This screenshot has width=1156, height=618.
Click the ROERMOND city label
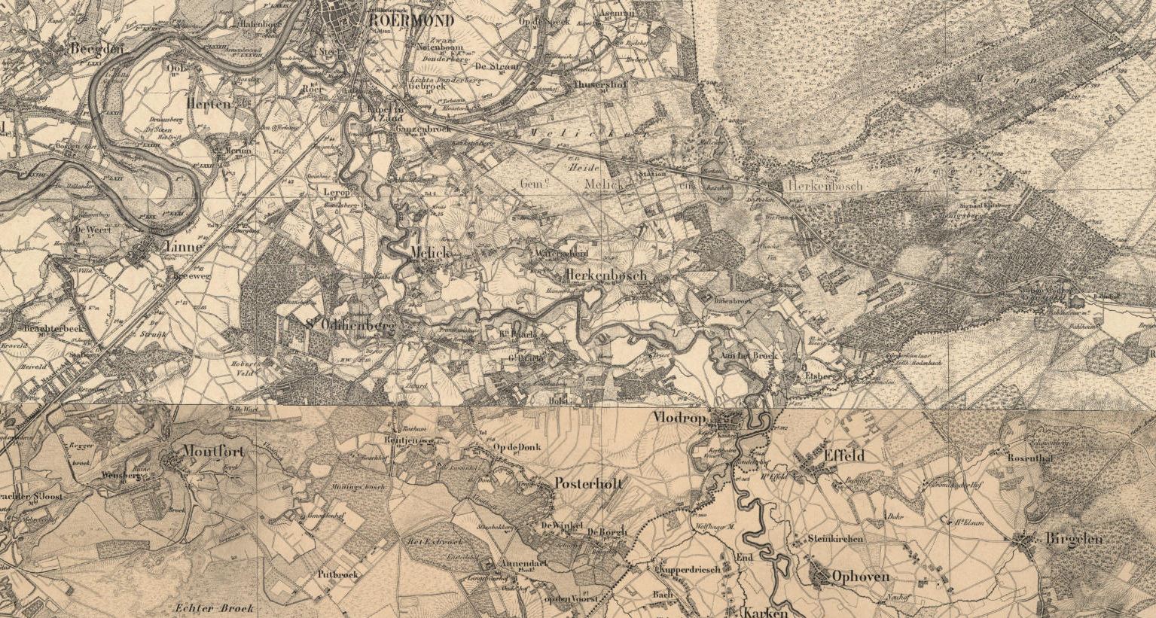[411, 20]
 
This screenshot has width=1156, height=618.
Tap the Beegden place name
[96, 49]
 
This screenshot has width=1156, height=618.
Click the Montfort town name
[213, 452]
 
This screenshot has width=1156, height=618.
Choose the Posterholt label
[588, 484]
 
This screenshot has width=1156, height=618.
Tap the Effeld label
[844, 455]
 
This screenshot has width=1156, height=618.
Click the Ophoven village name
[860, 577]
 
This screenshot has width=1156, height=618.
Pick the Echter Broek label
[214, 607]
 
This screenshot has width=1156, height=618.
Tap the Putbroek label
[339, 574]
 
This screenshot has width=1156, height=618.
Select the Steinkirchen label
[835, 539]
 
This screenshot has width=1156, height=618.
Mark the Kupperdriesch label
[689, 569]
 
